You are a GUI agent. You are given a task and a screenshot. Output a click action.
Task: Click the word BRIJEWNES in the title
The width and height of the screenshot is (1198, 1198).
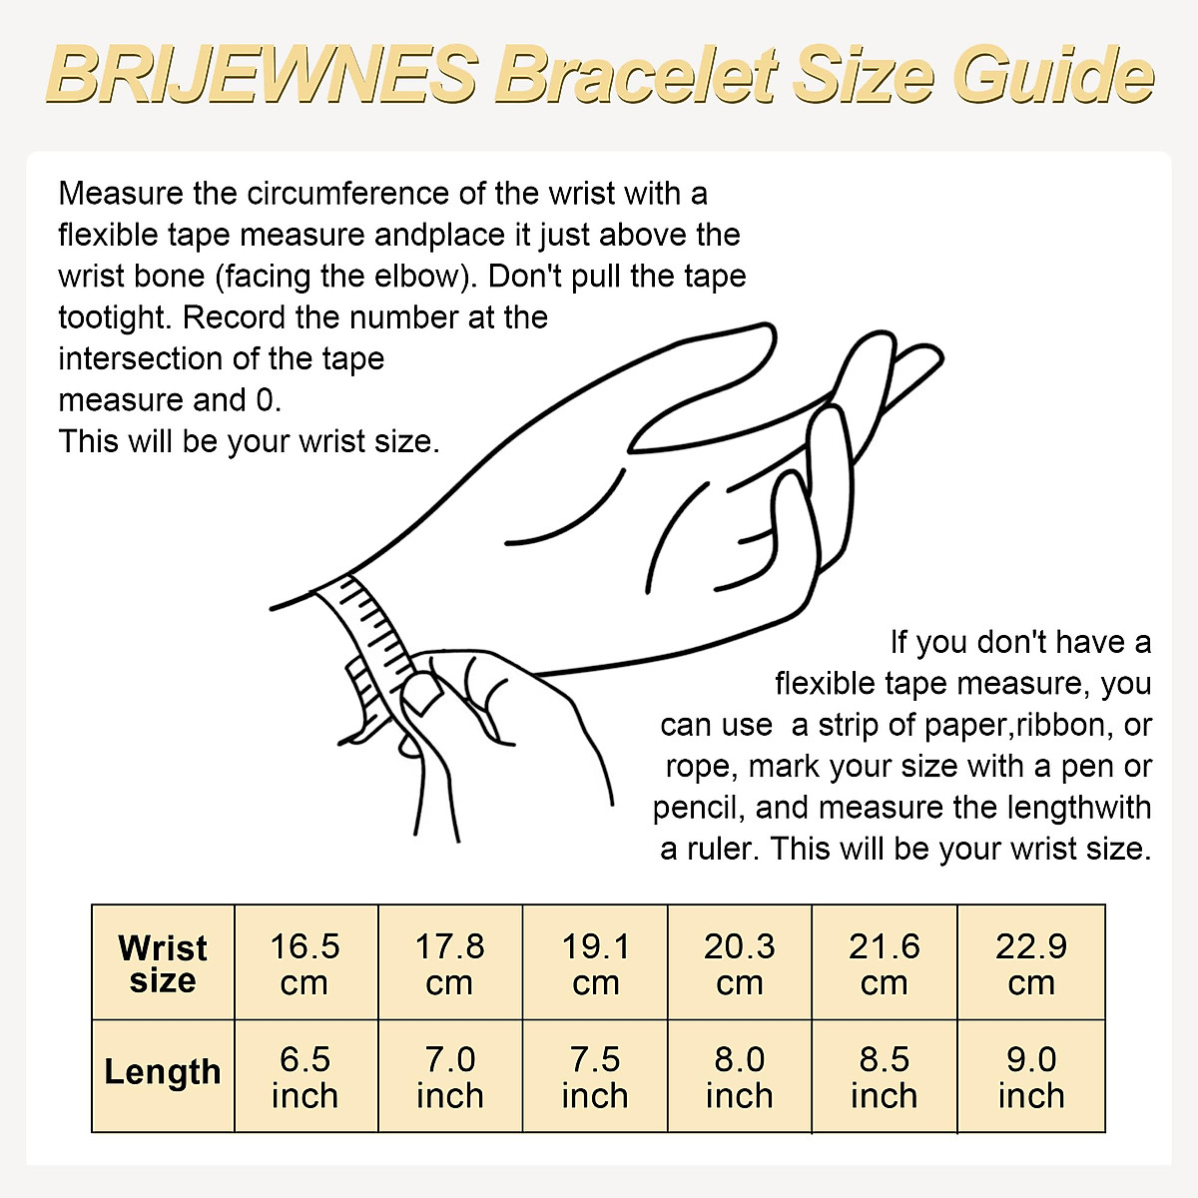pyautogui.click(x=262, y=76)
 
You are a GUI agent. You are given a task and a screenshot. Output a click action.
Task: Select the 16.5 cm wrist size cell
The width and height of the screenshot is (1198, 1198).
pyautogui.click(x=305, y=963)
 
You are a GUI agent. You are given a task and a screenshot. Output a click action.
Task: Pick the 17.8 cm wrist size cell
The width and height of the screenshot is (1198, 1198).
pyautogui.click(x=450, y=963)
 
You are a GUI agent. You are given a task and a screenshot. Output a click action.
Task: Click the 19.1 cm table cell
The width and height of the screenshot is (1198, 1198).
pyautogui.click(x=595, y=963)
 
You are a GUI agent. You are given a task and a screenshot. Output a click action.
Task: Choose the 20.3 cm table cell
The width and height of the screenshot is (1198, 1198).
pyautogui.click(x=740, y=963)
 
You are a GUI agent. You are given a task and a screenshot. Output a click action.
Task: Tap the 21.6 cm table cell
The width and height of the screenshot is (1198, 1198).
pyautogui.click(x=885, y=963)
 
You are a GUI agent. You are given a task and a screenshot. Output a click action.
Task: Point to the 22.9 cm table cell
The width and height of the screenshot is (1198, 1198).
pyautogui.click(x=1031, y=963)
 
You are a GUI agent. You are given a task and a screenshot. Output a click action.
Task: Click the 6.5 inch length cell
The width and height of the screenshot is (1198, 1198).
pyautogui.click(x=305, y=1077)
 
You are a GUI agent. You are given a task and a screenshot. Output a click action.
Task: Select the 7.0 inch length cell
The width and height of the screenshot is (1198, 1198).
pyautogui.click(x=450, y=1077)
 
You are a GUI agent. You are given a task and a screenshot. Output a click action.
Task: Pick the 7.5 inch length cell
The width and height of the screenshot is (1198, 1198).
pyautogui.click(x=595, y=1077)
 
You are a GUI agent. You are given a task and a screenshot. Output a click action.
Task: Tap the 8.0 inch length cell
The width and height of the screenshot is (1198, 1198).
pyautogui.click(x=740, y=1077)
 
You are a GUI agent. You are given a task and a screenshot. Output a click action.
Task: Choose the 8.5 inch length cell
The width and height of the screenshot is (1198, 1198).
pyautogui.click(x=885, y=1077)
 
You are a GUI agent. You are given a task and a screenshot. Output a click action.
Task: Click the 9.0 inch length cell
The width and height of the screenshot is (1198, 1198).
pyautogui.click(x=1031, y=1077)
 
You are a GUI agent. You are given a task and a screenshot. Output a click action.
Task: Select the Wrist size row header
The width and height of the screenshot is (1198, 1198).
pyautogui.click(x=163, y=963)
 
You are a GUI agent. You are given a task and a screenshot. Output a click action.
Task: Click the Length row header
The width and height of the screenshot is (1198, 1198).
pyautogui.click(x=163, y=1073)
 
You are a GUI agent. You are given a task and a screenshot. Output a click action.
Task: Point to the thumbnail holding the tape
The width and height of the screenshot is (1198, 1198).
pyautogui.click(x=422, y=694)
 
